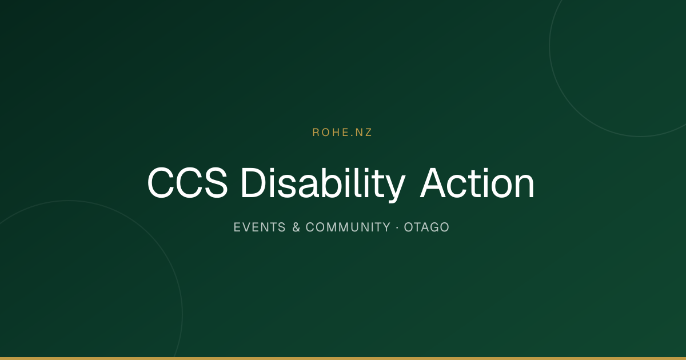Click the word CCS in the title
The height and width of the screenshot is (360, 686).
point(188,183)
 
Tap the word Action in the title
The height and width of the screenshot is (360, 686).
point(477,183)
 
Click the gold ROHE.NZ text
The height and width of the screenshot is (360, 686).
point(342,132)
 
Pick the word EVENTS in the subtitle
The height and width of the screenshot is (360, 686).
point(260,227)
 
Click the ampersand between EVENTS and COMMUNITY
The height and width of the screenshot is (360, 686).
point(296,227)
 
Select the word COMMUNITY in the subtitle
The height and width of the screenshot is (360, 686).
point(348,227)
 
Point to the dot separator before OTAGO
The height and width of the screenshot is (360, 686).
point(397,227)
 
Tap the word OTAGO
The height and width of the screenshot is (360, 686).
point(426,227)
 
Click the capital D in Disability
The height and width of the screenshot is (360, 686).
point(253,183)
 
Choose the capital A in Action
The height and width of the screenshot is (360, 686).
point(432,183)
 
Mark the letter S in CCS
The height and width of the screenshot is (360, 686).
point(216,183)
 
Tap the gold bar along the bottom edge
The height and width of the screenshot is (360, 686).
point(343,358)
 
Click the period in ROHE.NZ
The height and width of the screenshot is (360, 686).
point(353,136)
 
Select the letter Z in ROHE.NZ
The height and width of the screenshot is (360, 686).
point(368,132)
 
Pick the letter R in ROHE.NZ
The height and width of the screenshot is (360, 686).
point(316,132)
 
